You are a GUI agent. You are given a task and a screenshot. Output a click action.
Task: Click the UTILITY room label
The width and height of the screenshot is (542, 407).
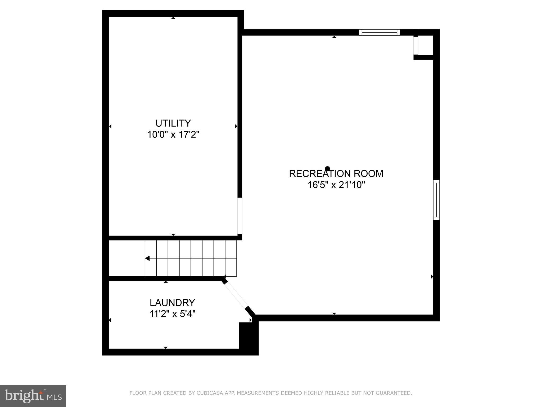pos(173,123)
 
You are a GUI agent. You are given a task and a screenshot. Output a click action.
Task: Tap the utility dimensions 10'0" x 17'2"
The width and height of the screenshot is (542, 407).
pos(173,135)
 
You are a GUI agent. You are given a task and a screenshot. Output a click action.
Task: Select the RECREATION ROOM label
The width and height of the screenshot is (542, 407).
pos(336,174)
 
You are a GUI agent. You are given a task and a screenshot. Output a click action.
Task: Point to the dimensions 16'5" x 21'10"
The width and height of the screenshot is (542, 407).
pos(336,185)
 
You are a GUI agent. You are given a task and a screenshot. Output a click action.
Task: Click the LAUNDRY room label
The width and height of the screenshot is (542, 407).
pos(172,303)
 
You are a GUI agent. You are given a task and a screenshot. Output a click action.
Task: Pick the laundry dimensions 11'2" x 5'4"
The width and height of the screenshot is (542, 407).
pos(172,314)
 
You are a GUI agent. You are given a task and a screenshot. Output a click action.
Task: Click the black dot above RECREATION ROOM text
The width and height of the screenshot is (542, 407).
pos(327,169)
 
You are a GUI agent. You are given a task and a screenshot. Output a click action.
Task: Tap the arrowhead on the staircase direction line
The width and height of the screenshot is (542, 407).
pos(147,258)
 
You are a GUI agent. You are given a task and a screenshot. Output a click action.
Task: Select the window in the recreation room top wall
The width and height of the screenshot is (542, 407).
pos(379,32)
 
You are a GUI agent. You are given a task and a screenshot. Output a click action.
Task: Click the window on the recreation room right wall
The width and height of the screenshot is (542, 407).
pos(436,200)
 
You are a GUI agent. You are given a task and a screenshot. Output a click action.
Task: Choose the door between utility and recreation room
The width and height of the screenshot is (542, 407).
pos(240,216)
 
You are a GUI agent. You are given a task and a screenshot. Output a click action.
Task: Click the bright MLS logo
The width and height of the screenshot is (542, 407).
pos(33,396)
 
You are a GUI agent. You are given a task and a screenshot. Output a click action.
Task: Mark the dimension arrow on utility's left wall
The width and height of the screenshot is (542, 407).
pos(110,126)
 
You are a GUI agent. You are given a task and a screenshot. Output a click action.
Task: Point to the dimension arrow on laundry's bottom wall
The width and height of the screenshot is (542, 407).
pos(166,347)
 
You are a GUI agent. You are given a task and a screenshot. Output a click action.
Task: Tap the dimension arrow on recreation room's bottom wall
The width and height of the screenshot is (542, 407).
pos(334,313)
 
